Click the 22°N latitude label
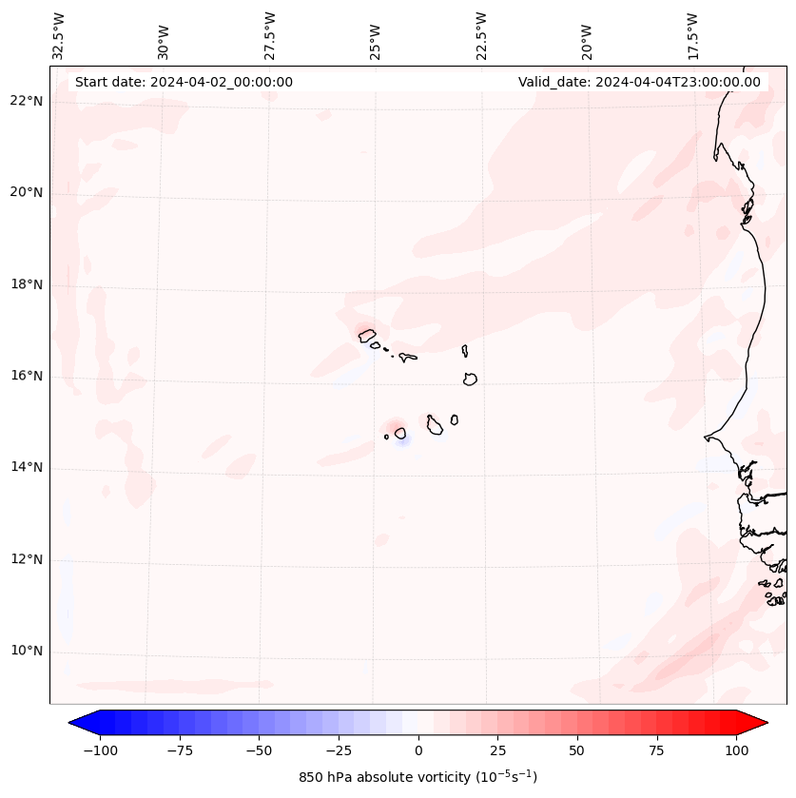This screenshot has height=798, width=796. [25, 102]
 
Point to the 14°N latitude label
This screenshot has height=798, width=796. [25, 468]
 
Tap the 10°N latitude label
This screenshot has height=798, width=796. [25, 652]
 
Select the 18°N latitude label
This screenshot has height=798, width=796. [25, 285]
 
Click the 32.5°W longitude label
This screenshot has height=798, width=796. [59, 35]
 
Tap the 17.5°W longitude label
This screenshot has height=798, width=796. [692, 35]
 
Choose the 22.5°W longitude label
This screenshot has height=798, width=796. [480, 35]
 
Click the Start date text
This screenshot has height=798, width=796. [184, 82]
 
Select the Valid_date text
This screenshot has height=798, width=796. [639, 82]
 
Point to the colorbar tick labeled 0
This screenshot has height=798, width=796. [418, 750]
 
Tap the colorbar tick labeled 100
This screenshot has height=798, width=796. [736, 750]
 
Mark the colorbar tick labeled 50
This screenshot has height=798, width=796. [577, 750]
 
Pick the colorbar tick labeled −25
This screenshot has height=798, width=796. [339, 750]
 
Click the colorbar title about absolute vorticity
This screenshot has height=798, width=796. [417, 777]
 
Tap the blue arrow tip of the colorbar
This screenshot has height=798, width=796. [74, 724]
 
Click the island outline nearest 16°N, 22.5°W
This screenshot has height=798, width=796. [470, 379]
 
